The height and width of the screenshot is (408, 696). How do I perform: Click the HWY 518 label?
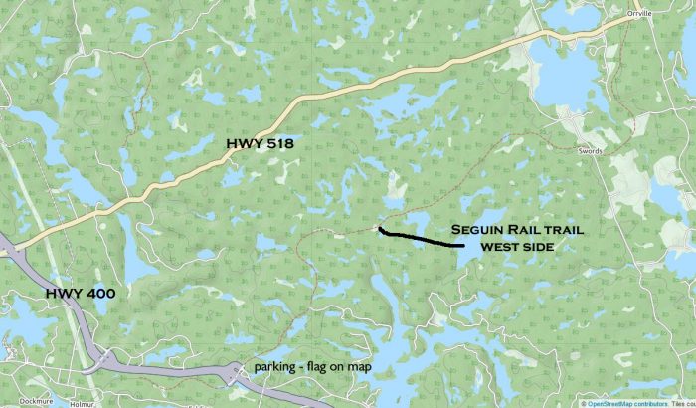(259, 144)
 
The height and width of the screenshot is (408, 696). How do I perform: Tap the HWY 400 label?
(80, 294)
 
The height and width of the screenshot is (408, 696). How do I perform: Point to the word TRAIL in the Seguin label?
(561, 229)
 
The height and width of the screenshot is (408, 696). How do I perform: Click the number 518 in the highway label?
(275, 144)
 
